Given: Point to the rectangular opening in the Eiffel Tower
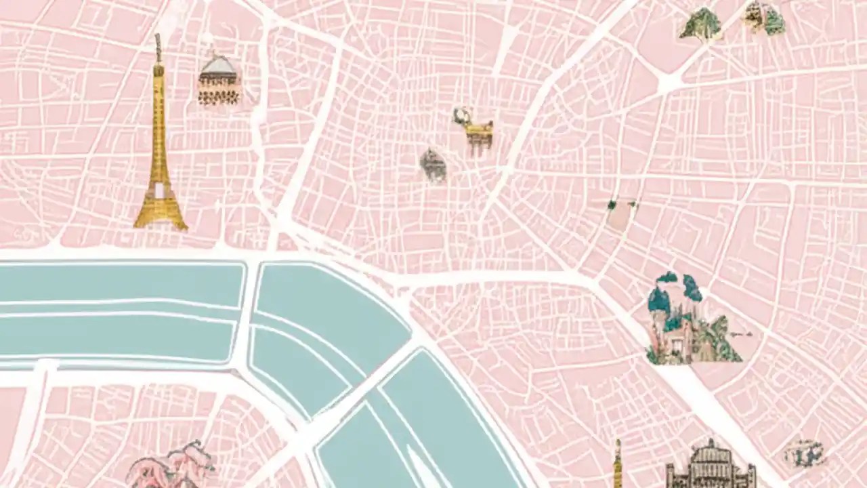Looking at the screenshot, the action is tap(159, 190).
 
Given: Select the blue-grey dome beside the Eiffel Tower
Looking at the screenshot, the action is tap(218, 65).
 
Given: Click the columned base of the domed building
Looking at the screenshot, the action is tap(218, 95).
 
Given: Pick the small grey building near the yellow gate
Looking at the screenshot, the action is tap(433, 165).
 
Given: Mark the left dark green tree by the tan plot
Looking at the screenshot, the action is tap(612, 203).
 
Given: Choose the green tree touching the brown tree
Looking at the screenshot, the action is tap(774, 22).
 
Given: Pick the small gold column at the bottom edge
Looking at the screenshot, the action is tap(618, 465).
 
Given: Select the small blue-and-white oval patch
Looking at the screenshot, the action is tap(805, 453).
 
